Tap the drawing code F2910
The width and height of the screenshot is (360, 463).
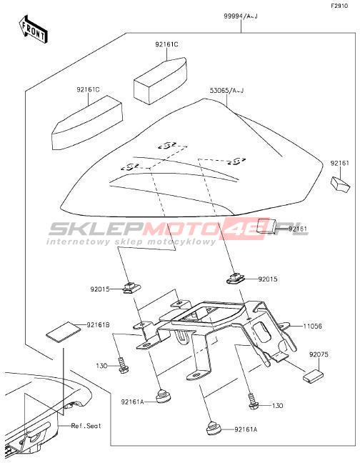click(x=339, y=6)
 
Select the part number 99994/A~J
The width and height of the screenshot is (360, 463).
click(x=241, y=16)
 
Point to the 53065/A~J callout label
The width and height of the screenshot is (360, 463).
click(x=226, y=90)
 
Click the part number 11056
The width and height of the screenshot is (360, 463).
click(x=313, y=326)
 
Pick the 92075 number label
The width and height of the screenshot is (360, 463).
click(x=319, y=354)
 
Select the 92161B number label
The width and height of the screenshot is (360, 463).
click(x=99, y=325)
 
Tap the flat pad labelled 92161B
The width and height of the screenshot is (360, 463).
click(x=64, y=332)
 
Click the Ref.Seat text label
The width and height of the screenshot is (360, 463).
click(x=86, y=426)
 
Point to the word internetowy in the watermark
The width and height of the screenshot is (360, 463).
click(x=73, y=242)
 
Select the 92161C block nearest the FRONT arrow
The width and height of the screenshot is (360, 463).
click(x=87, y=122)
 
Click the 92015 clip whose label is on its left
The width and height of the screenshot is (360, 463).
click(x=131, y=287)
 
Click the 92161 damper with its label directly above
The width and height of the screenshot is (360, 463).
click(x=340, y=184)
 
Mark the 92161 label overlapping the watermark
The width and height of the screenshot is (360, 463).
click(x=298, y=229)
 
